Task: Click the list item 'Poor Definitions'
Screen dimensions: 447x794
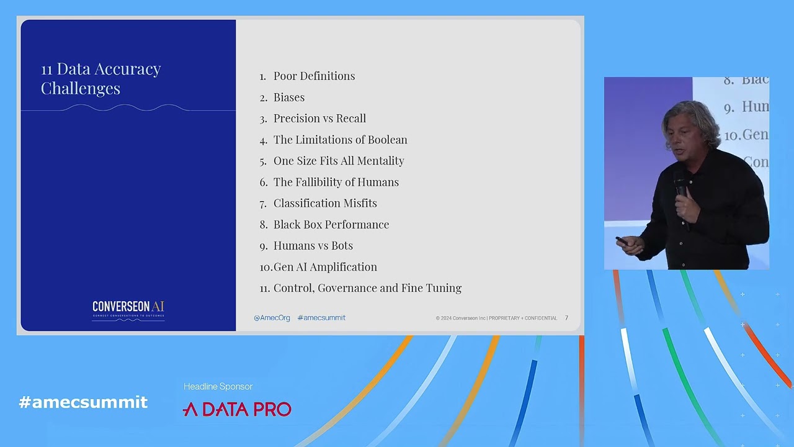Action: point(314,76)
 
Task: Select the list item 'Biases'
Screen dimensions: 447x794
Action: point(288,97)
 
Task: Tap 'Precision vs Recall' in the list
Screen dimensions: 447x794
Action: point(319,119)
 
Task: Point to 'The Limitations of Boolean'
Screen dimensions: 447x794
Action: point(340,140)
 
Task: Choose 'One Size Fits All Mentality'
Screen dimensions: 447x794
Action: point(339,161)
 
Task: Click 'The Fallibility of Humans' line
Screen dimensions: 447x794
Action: point(336,182)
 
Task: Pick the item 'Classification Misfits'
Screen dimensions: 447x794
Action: point(325,203)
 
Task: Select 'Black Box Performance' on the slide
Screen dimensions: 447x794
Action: point(331,224)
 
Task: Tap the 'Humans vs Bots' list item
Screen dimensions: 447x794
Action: point(313,245)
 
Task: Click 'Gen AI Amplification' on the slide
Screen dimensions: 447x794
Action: point(325,267)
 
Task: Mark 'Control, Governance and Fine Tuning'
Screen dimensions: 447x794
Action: point(367,288)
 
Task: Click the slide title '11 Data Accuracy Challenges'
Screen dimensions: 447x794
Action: point(100,78)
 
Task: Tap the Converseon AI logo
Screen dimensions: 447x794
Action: point(128,309)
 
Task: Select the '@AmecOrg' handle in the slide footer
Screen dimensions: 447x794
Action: point(272,318)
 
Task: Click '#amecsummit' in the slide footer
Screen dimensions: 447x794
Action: point(321,318)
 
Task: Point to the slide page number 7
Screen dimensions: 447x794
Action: point(566,318)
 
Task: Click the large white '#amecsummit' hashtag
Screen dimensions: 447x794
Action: point(83,402)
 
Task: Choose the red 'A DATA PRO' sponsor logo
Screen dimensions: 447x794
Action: point(237,409)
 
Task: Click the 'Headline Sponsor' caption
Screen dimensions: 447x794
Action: point(218,387)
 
